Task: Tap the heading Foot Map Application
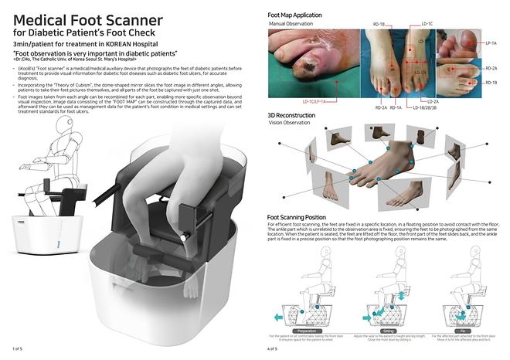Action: (x=301, y=14)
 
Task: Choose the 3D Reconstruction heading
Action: (x=297, y=117)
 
